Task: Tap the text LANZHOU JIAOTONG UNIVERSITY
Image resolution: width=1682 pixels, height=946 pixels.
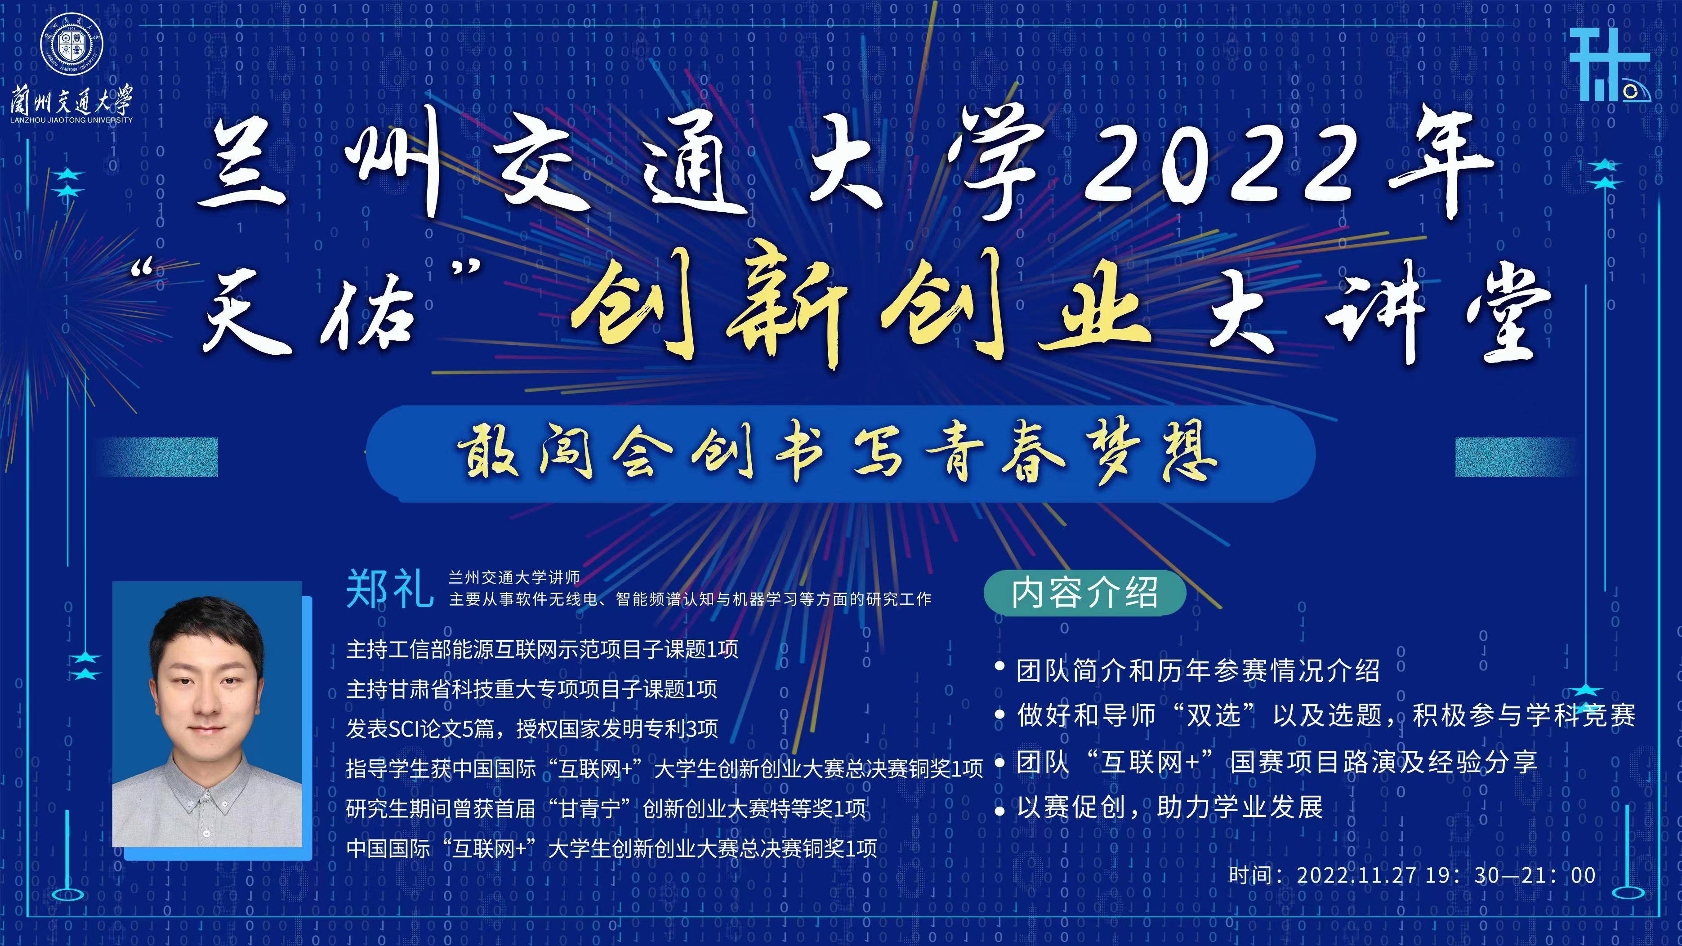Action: pyautogui.click(x=71, y=120)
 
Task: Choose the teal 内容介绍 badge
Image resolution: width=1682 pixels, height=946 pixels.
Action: pyautogui.click(x=1084, y=593)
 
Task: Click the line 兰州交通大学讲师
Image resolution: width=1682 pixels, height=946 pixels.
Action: pyautogui.click(x=514, y=577)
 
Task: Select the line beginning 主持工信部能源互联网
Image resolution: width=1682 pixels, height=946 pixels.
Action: pyautogui.click(x=542, y=649)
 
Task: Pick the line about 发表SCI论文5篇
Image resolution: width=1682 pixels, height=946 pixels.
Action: pyautogui.click(x=532, y=728)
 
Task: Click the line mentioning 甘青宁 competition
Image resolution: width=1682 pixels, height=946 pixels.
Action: pyautogui.click(x=606, y=809)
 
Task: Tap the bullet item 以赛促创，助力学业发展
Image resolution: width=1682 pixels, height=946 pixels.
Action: pyautogui.click(x=1169, y=808)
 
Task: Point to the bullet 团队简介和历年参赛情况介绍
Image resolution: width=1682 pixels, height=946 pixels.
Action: pyautogui.click(x=1198, y=670)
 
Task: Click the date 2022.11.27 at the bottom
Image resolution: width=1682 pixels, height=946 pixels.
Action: pyautogui.click(x=1356, y=875)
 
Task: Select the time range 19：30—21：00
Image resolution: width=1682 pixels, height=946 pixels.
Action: pyautogui.click(x=1510, y=875)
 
